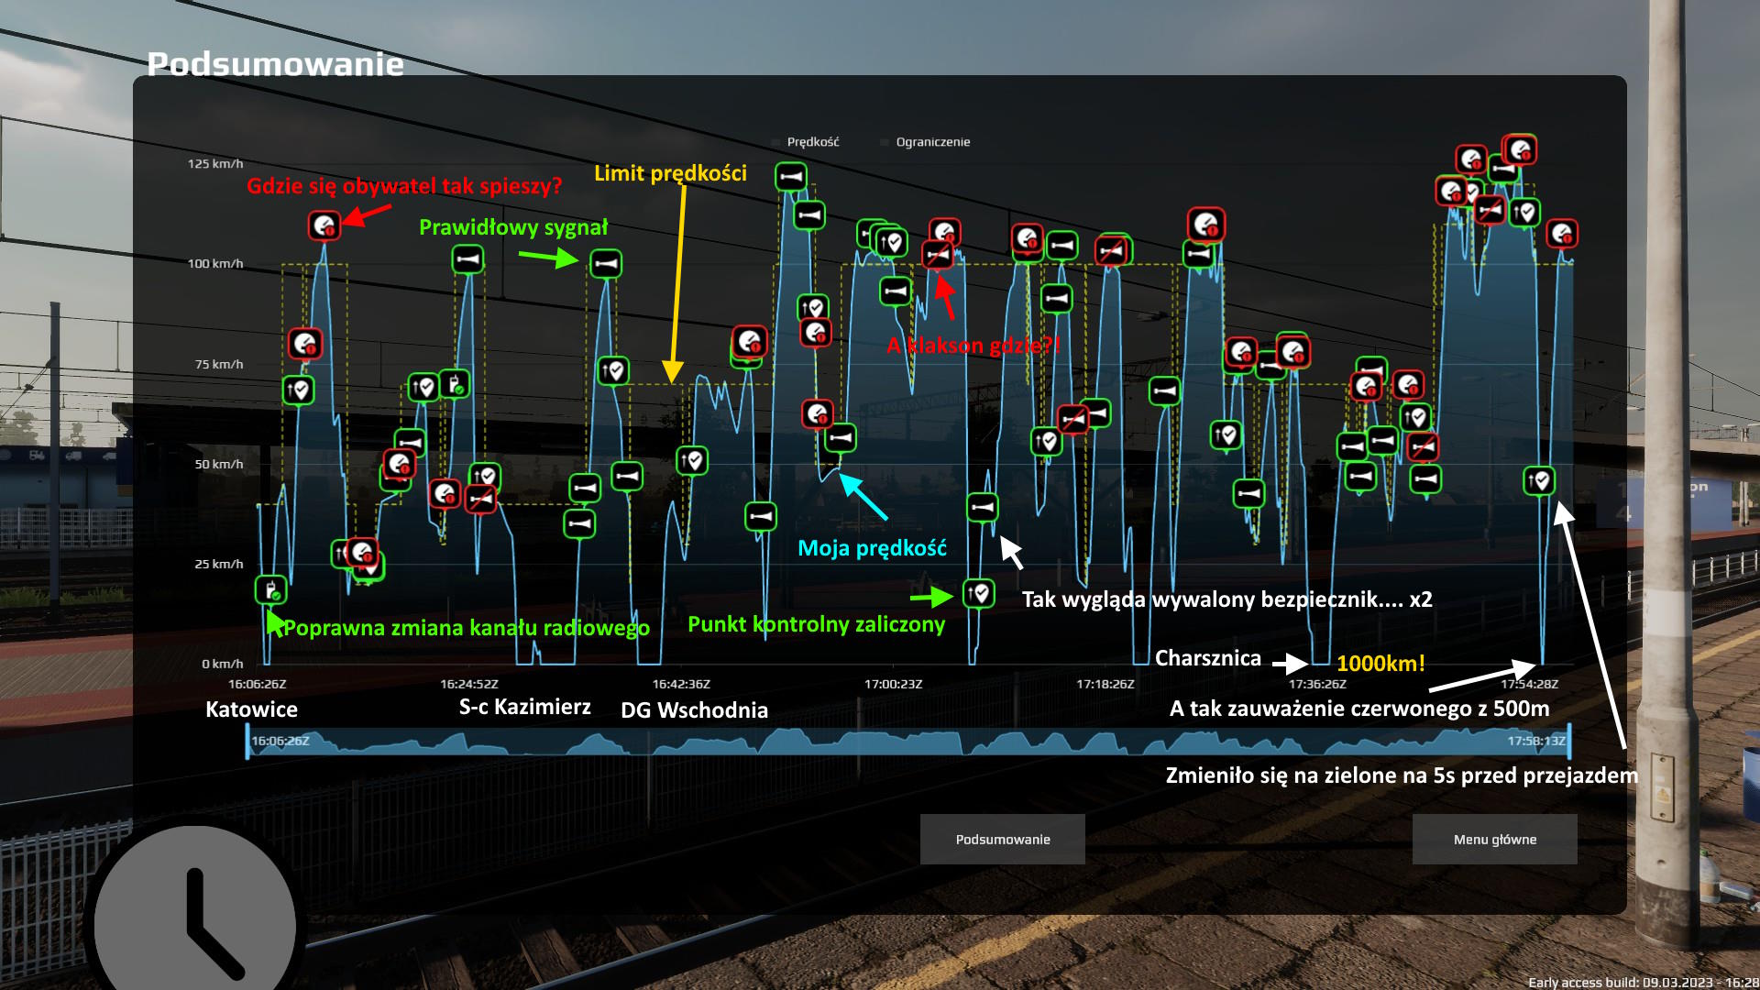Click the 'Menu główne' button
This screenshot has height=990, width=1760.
coord(1494,839)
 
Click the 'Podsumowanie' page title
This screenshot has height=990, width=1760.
coord(275,64)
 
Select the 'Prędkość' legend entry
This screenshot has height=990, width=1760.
coord(812,142)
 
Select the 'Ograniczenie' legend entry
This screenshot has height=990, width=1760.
coord(932,142)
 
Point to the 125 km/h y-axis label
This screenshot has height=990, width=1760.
coord(215,164)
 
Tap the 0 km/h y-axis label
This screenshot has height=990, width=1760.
coord(223,664)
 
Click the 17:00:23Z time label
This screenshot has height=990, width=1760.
coord(893,684)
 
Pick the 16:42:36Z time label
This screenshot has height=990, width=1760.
coord(681,684)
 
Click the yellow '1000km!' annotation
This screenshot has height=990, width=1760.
coord(1380,664)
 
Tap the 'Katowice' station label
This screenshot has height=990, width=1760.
coord(251,709)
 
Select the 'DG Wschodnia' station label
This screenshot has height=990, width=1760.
coord(694,710)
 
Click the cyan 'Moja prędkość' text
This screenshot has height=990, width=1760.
coord(872,548)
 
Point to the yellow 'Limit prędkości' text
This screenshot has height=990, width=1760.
coord(670,173)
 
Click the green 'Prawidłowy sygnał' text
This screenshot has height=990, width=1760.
coord(513,227)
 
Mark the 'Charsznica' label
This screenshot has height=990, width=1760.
coord(1207,658)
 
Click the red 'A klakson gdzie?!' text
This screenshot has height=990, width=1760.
coord(973,346)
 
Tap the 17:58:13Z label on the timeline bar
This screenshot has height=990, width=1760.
coord(1536,741)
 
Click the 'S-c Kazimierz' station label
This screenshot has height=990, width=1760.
coord(524,707)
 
